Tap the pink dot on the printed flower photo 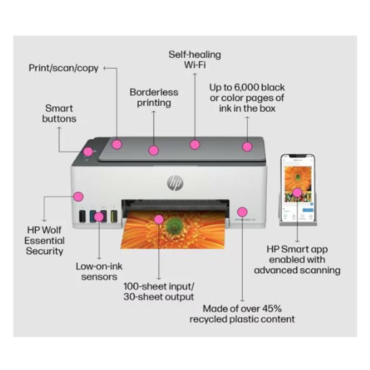pyautogui.click(x=159, y=219)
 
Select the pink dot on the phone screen pyautogui.click(x=297, y=192)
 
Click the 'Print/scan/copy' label pyautogui.click(x=64, y=68)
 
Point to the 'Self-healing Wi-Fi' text pyautogui.click(x=195, y=60)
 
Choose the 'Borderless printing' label pyautogui.click(x=154, y=97)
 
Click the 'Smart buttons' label pyautogui.click(x=59, y=114)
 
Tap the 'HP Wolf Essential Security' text pyautogui.click(x=44, y=240)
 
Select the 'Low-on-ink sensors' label pyautogui.click(x=99, y=271)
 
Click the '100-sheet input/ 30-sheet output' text pyautogui.click(x=159, y=292)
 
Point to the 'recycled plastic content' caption pyautogui.click(x=242, y=319)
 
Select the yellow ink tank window pyautogui.click(x=114, y=216)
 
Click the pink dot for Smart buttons pyautogui.click(x=88, y=151)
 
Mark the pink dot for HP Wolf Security pyautogui.click(x=78, y=196)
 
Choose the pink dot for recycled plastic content pyautogui.click(x=242, y=212)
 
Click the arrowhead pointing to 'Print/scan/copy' pyautogui.click(x=105, y=68)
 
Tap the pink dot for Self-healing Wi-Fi pyautogui.click(x=195, y=144)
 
